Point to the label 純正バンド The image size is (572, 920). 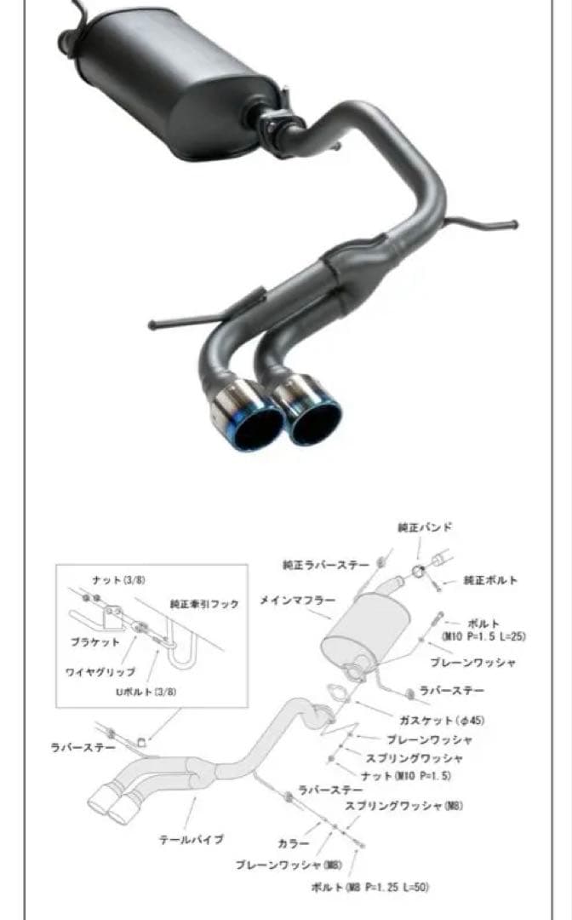[424, 527]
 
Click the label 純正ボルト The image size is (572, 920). [491, 580]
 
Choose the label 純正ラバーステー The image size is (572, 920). [326, 564]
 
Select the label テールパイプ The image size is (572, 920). [192, 839]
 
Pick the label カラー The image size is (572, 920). [288, 843]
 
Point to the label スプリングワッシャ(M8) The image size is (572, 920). [403, 806]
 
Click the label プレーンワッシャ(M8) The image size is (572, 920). [277, 865]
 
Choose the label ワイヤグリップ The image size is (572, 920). [100, 672]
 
